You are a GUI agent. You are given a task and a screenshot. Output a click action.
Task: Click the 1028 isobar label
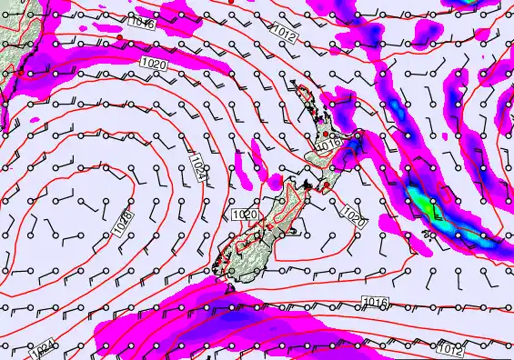[125, 225]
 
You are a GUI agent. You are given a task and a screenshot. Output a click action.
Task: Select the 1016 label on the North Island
[328, 144]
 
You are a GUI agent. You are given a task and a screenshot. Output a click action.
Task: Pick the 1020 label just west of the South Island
[244, 215]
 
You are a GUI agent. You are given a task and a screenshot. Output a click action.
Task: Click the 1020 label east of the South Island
[355, 215]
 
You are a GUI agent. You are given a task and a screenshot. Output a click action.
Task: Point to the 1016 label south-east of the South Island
[374, 302]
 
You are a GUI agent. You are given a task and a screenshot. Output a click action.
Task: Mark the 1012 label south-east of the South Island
[448, 346]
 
